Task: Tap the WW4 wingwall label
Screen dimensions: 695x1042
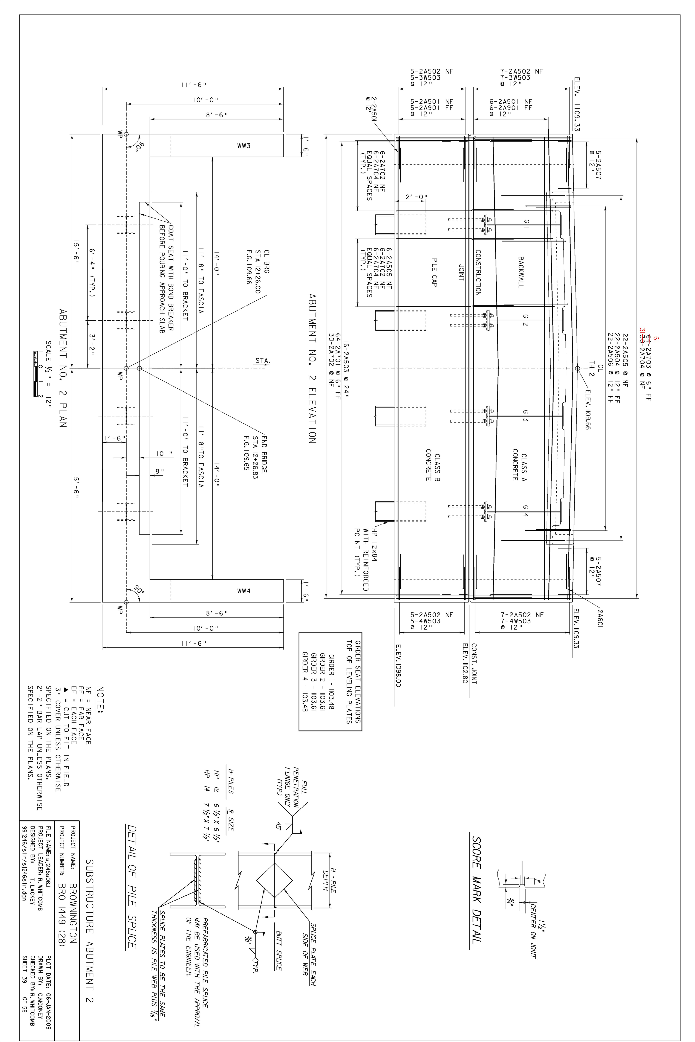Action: [x=243, y=591]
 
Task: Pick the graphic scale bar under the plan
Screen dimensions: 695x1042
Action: [x=36, y=373]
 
